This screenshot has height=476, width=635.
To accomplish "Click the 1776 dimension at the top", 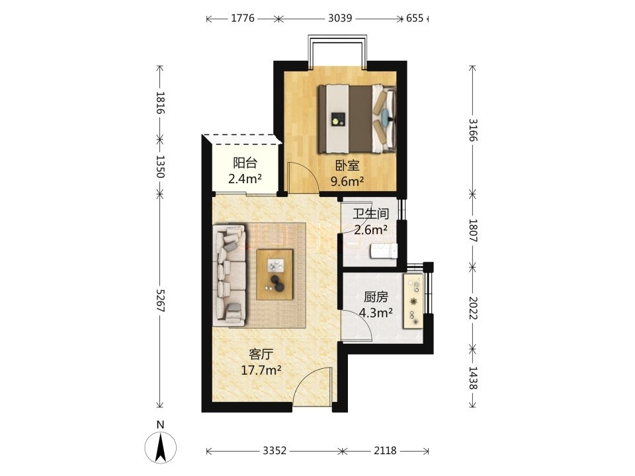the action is (243, 19).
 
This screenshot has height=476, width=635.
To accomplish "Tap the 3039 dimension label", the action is (340, 19).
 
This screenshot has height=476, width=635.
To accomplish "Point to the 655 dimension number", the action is (415, 19).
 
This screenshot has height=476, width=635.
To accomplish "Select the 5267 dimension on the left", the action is (160, 300).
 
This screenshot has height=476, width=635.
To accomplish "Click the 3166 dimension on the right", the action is (472, 130).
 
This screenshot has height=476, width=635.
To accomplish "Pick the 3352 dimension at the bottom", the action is (275, 450).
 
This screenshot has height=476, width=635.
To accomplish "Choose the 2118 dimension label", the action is (385, 450).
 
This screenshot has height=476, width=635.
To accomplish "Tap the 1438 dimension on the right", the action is (472, 377).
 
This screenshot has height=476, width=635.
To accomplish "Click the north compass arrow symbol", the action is (161, 448).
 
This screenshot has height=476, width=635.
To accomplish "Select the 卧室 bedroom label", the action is (347, 165).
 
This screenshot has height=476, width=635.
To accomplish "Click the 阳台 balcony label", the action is (245, 163).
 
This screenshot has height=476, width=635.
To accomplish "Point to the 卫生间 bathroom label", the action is (371, 214).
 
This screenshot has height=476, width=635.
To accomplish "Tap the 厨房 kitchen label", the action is (376, 297).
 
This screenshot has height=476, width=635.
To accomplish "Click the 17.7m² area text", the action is (261, 370).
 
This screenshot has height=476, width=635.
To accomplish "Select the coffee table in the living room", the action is (275, 274).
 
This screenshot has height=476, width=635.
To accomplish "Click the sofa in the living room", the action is (230, 275).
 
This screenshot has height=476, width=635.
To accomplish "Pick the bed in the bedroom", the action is (357, 119).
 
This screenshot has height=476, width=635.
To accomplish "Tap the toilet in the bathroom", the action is (384, 251).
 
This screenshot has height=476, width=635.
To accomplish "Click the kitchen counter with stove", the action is (413, 301).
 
